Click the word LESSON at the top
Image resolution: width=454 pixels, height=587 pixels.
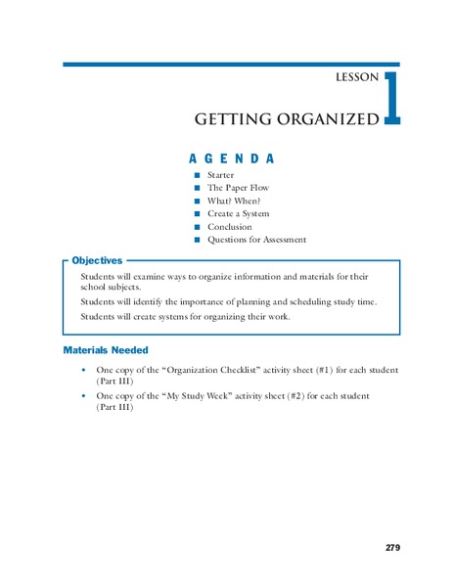357,78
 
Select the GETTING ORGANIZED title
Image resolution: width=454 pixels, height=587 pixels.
286,119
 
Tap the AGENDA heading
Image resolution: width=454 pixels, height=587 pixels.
230,158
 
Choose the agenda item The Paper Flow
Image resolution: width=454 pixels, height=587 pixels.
238,188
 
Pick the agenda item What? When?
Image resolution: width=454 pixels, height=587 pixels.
233,201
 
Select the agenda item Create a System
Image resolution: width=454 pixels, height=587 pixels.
238,213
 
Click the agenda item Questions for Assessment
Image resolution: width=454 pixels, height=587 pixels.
256,240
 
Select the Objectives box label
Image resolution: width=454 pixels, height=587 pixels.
97,261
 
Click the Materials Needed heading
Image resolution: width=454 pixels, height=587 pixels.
106,349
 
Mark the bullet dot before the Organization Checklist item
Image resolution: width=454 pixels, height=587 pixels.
85,371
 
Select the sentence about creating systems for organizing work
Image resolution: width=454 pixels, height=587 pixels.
185,317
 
